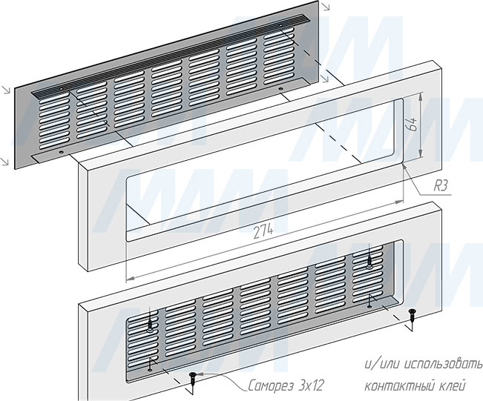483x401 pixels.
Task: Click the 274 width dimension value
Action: point(263,231)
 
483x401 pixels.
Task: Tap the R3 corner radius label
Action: point(440,186)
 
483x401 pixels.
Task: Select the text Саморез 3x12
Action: point(286,385)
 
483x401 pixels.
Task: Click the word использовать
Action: point(443,365)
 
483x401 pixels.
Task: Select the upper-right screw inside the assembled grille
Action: point(369,262)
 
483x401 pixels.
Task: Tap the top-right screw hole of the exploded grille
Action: point(280,24)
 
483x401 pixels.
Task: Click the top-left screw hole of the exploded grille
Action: point(62,89)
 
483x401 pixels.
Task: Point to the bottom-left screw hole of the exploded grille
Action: point(62,152)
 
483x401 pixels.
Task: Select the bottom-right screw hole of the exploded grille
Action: point(280,89)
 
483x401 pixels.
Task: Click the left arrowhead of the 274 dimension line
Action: point(130,278)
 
